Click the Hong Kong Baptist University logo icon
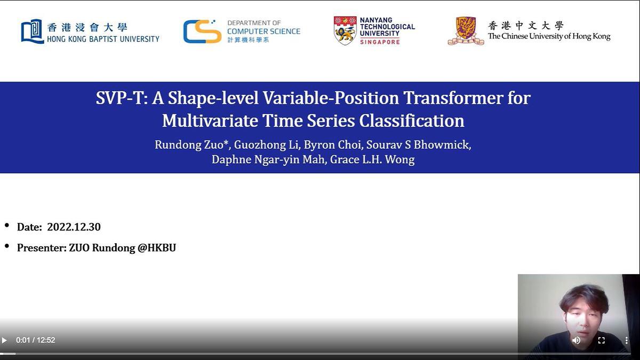[32, 31]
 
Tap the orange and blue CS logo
[202, 31]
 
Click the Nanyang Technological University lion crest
[345, 30]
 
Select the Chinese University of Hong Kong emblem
[466, 31]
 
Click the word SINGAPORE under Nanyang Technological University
[380, 42]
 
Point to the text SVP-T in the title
[121, 98]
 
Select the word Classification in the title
[412, 121]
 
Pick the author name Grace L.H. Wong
[372, 159]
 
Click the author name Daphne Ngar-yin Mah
[268, 159]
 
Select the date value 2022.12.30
[74, 227]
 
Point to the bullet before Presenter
[7, 246]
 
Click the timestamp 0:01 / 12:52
[35, 340]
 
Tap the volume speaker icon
[577, 340]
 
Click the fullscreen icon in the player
[601, 340]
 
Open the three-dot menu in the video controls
[626, 340]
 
